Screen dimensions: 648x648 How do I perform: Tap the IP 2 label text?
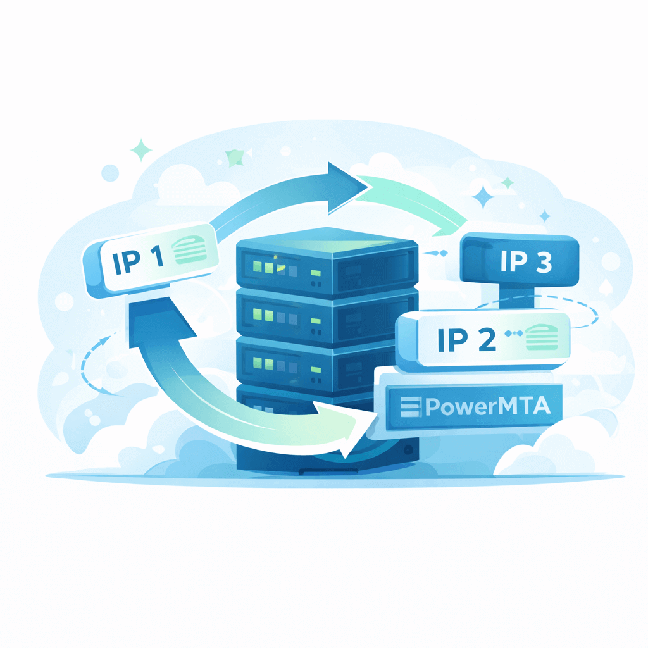pos(466,340)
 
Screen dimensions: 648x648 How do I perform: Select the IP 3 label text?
pos(526,262)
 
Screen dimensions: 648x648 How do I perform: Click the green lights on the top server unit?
pos(269,267)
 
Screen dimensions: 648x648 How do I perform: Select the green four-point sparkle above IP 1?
pos(141,151)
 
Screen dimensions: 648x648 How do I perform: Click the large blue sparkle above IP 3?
pos(484,197)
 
